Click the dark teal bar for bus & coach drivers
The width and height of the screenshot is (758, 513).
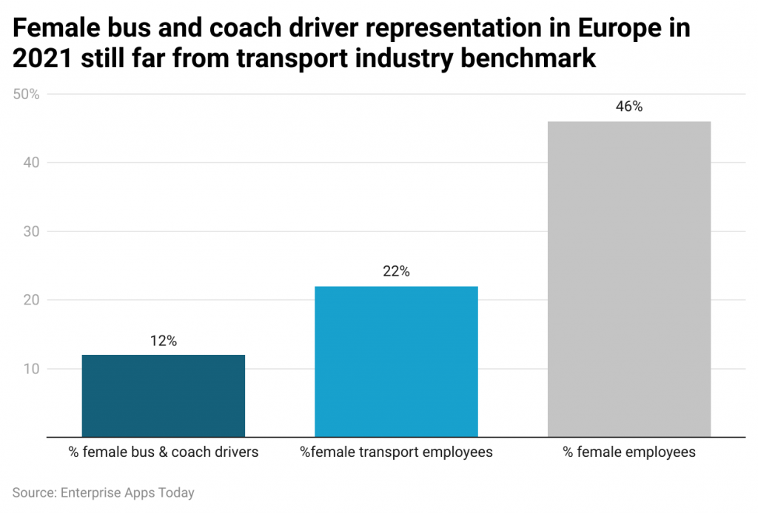coord(163,395)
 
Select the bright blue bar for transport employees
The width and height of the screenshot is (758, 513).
coord(396,361)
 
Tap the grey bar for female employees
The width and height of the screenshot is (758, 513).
coord(629,279)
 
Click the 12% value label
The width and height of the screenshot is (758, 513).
coord(163,341)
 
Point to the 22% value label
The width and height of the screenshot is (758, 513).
coord(396,271)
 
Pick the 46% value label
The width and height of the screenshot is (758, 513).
coord(629,106)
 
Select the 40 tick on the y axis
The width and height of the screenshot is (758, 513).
coord(32,163)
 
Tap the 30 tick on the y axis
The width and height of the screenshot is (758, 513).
coord(32,231)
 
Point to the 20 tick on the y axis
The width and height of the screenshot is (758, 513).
coord(32,300)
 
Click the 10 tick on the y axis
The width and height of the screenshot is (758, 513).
coord(32,369)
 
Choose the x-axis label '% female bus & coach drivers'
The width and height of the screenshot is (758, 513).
coord(163,452)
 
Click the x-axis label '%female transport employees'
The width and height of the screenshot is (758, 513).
coord(396,452)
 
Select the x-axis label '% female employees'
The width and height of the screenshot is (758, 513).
coord(629,452)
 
